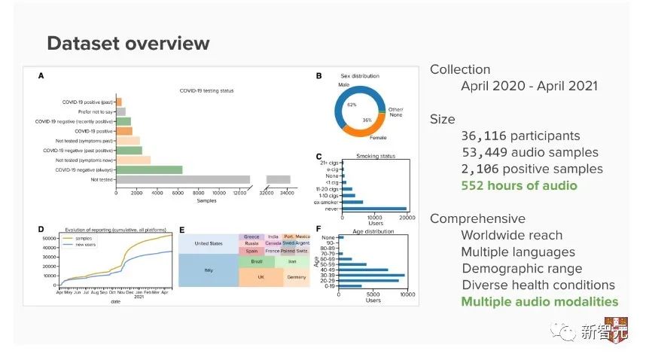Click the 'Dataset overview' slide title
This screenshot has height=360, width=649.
(128, 43)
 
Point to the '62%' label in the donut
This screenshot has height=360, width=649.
(352, 105)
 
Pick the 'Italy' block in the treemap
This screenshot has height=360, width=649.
(208, 270)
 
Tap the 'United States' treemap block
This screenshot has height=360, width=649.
(208, 243)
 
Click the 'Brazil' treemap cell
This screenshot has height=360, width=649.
(257, 261)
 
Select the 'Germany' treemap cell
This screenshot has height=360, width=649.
(296, 277)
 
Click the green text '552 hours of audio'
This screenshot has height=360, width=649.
(519, 185)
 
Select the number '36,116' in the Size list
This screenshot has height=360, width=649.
(483, 136)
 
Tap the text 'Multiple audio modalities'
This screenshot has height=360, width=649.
(539, 301)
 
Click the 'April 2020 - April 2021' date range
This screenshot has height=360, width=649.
(529, 86)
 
